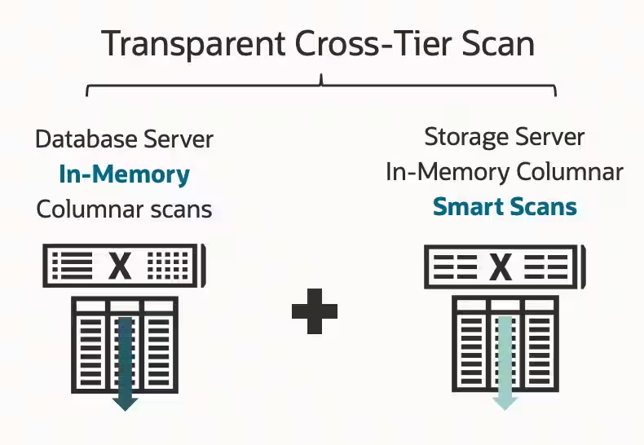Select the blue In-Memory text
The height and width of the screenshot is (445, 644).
(124, 174)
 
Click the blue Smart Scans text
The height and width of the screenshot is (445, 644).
(505, 206)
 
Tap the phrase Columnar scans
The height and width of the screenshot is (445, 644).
(124, 209)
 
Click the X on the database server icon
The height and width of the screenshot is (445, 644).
(121, 266)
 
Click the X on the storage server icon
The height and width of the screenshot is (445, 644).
(501, 267)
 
